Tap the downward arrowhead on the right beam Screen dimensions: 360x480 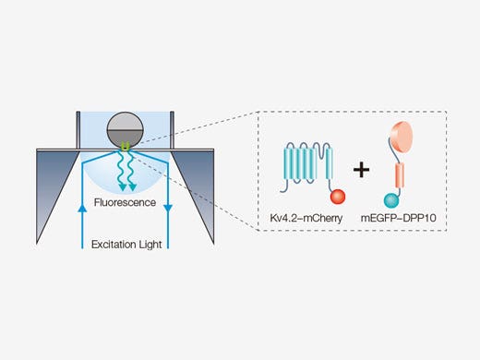coord(169,210)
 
